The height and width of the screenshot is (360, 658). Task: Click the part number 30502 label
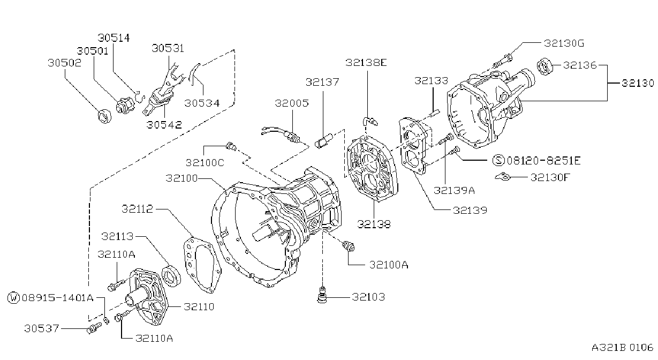tap(64, 63)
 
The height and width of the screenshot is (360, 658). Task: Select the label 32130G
tap(564, 43)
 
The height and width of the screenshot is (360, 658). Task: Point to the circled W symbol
tap(13, 298)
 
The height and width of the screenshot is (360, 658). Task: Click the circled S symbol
tap(498, 160)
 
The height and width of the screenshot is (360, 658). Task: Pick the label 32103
tap(368, 297)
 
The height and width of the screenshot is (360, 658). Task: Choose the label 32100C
tap(205, 162)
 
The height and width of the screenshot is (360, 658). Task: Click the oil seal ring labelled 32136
tap(545, 67)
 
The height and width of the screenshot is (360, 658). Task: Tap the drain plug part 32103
tap(322, 295)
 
